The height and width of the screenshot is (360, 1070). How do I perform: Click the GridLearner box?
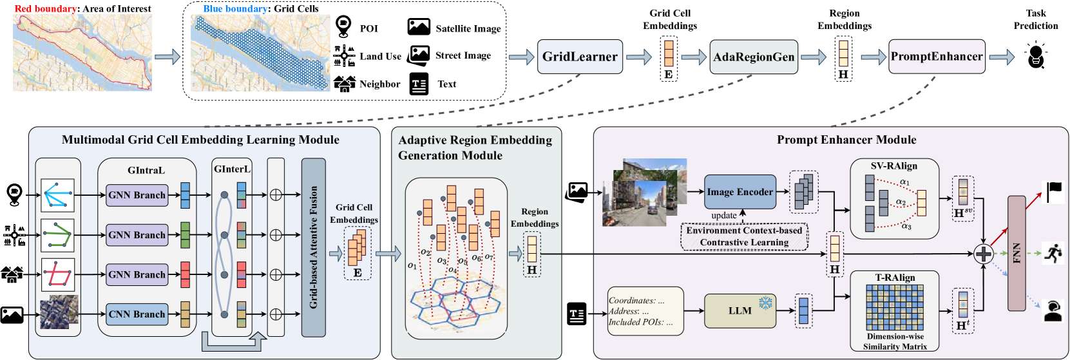pos(579,57)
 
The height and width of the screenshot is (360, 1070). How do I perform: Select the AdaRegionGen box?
pos(754,57)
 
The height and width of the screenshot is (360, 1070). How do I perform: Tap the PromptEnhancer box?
pos(937,57)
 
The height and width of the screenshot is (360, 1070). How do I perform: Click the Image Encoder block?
pos(740,192)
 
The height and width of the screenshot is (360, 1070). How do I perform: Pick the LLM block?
pos(740,311)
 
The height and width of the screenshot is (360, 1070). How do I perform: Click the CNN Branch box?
pos(137,314)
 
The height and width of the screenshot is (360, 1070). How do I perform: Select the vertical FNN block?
pos(1017,253)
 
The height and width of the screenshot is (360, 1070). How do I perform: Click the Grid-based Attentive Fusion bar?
pos(314,247)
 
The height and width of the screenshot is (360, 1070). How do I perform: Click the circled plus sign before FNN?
pos(983,254)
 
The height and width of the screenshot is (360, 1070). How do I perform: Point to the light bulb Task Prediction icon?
pos(1035,55)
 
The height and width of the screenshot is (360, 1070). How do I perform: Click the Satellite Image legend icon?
pos(419,27)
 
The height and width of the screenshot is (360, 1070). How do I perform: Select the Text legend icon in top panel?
pos(419,84)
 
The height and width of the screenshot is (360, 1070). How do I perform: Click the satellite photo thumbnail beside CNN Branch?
pos(59,312)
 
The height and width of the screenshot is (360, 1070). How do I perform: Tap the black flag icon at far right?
pos(1054,191)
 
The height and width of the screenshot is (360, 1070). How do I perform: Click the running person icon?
pos(1054,253)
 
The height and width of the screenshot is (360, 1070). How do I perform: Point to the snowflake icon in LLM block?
pos(765,303)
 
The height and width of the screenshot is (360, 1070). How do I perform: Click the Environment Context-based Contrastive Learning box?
pos(744,236)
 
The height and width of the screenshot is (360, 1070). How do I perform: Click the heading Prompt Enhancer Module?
pos(846,140)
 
